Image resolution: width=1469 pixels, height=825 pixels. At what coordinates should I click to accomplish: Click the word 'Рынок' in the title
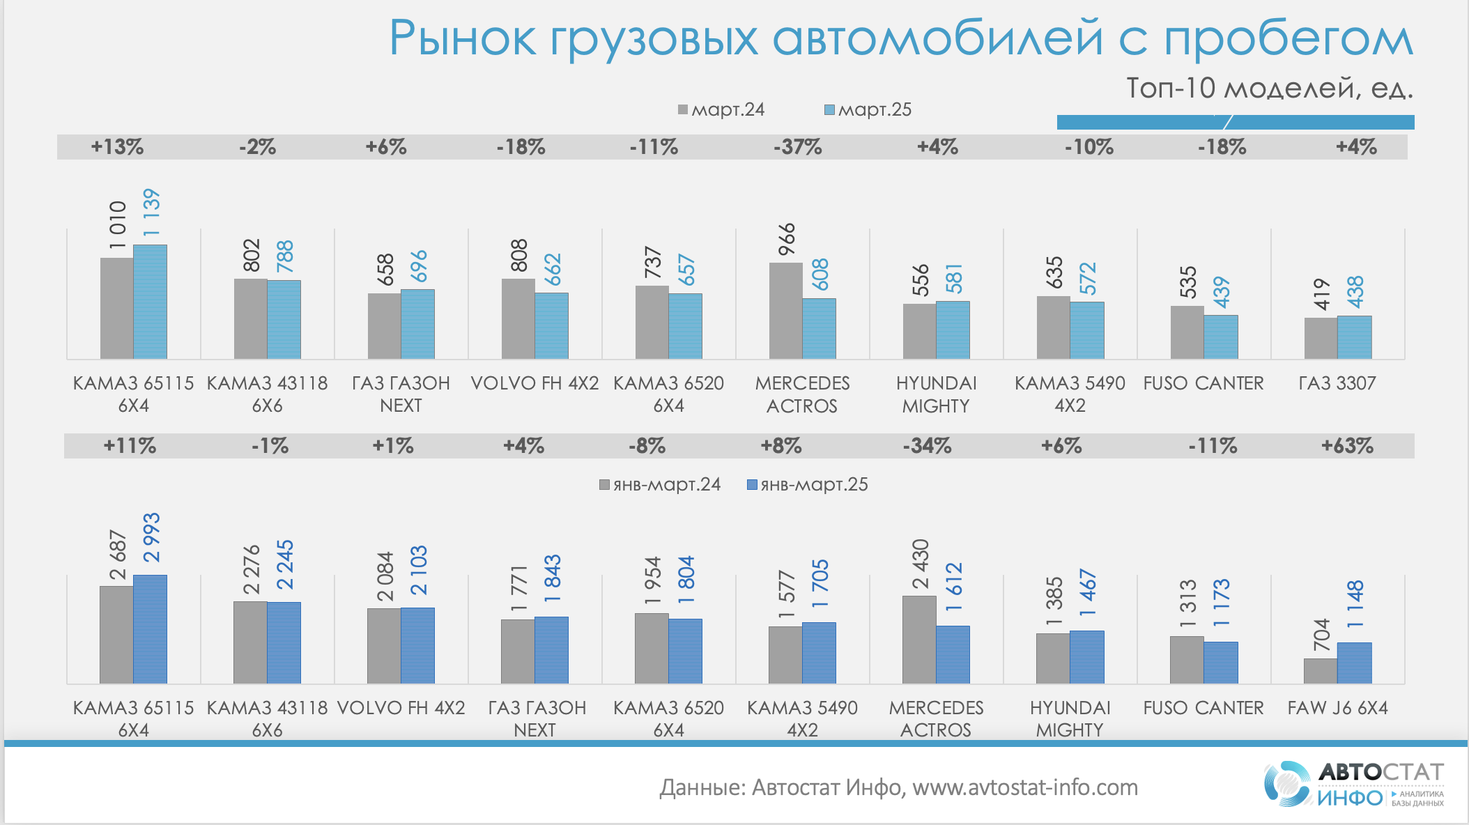point(462,38)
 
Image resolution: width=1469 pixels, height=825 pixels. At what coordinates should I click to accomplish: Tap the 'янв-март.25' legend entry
point(808,485)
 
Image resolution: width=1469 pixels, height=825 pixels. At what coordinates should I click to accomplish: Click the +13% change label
point(117,147)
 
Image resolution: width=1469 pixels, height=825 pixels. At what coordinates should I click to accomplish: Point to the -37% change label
point(797,147)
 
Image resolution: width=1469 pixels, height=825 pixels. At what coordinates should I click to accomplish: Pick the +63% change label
point(1347,446)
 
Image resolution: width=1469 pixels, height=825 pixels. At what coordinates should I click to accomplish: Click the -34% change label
point(927,446)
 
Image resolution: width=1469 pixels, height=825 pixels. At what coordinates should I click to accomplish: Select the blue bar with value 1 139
point(150,302)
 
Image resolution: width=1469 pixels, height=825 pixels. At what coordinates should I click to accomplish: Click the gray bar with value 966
point(785,311)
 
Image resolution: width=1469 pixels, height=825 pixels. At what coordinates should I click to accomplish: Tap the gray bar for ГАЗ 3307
point(1321,339)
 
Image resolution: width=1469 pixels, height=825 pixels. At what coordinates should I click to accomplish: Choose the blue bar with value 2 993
point(150,629)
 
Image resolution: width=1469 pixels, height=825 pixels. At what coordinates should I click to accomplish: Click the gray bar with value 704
point(1321,671)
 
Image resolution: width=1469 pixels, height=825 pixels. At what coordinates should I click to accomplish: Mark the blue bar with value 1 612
point(953,654)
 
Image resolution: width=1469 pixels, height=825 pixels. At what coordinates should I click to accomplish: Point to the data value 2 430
point(921,564)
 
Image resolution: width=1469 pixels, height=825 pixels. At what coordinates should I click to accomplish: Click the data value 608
point(820,275)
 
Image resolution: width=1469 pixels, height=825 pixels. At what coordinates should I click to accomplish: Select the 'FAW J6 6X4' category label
point(1337,708)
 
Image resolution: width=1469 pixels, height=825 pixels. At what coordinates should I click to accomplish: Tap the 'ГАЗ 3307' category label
point(1337,383)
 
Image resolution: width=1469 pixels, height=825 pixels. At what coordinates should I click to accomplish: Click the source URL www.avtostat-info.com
point(1025,787)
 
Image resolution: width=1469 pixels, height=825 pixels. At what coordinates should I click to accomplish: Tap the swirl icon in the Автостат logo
point(1286,784)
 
